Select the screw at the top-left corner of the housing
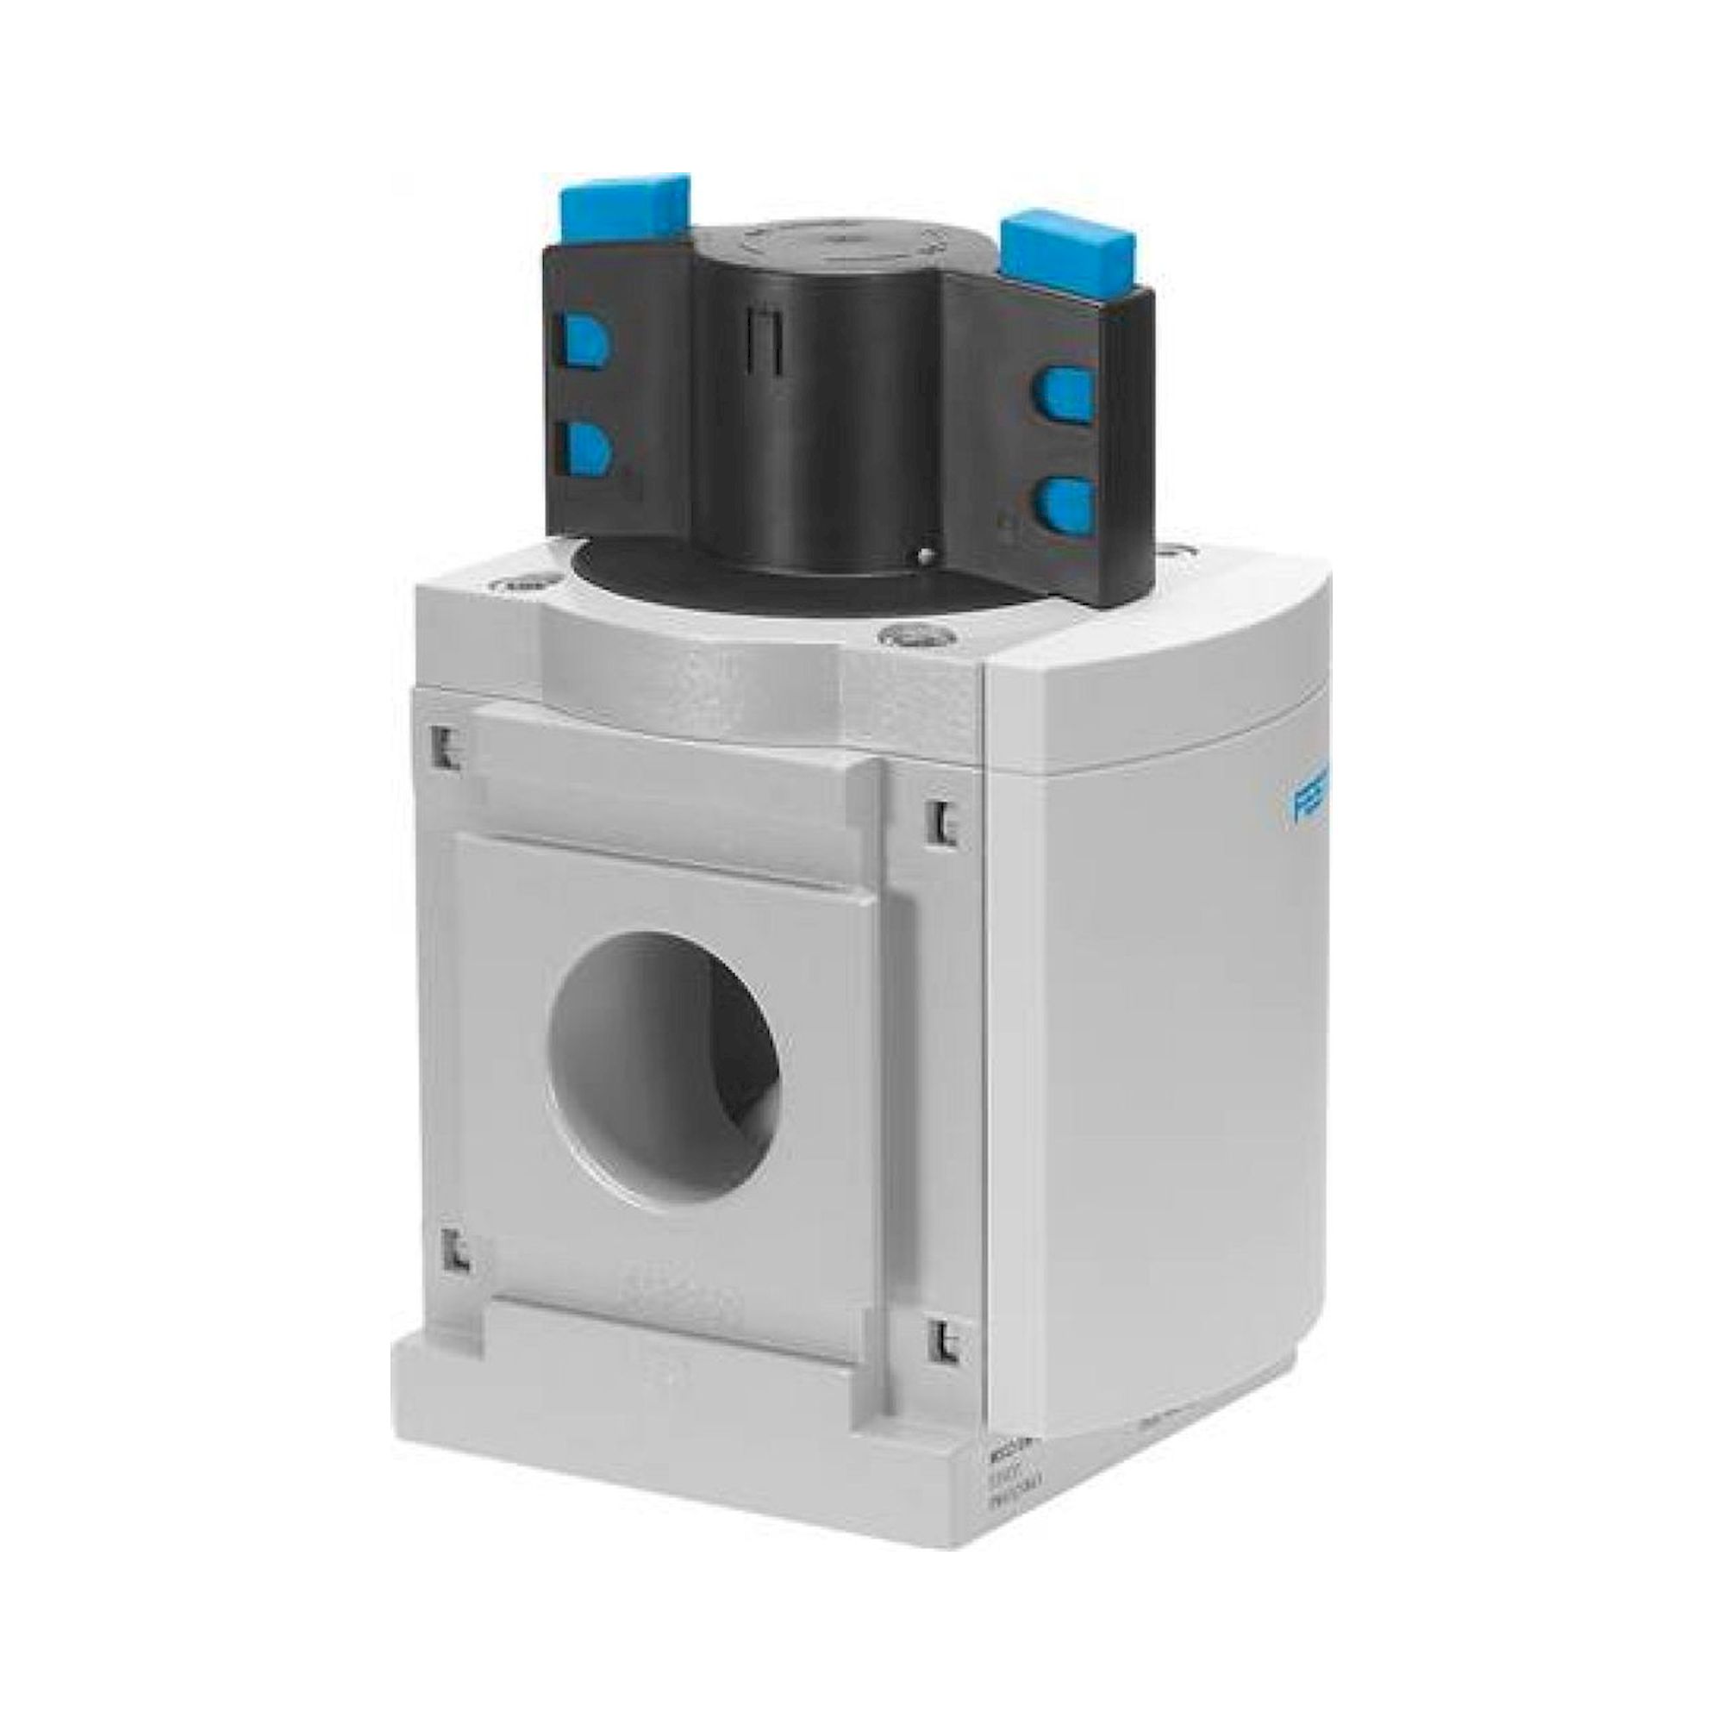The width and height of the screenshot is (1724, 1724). [x=518, y=587]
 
